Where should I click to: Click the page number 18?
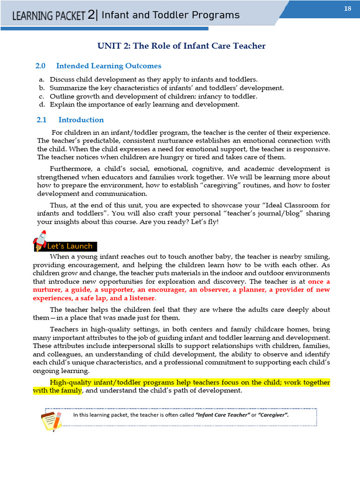(348, 8)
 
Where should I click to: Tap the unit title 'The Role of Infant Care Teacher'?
(199, 46)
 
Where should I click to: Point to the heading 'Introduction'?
(81, 120)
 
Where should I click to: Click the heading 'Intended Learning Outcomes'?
(109, 66)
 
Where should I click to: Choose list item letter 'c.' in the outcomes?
(42, 97)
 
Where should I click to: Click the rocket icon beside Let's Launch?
(39, 240)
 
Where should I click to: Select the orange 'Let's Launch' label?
(70, 247)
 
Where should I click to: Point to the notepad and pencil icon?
(51, 420)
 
